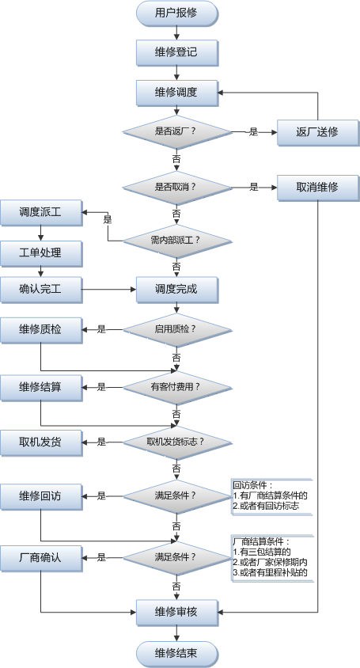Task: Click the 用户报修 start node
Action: tap(176, 13)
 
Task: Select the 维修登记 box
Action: tap(176, 52)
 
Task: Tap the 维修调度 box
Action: tap(176, 93)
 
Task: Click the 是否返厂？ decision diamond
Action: tap(176, 131)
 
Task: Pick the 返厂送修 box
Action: tap(318, 132)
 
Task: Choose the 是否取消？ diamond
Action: tap(176, 188)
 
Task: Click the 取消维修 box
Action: tap(318, 188)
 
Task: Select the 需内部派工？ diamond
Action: tap(176, 241)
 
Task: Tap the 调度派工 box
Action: tap(41, 212)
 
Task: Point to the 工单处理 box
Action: tap(41, 253)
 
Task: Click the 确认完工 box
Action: tap(41, 290)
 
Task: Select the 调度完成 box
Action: tap(176, 290)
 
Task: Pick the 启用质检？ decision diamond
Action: tap(176, 330)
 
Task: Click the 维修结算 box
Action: tap(41, 388)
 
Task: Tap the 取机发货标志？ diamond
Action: tap(176, 442)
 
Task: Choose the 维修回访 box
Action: tap(41, 496)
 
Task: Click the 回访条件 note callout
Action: tap(272, 496)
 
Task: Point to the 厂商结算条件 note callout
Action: tap(273, 558)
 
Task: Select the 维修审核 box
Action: tap(176, 613)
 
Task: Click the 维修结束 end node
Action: tap(176, 654)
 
